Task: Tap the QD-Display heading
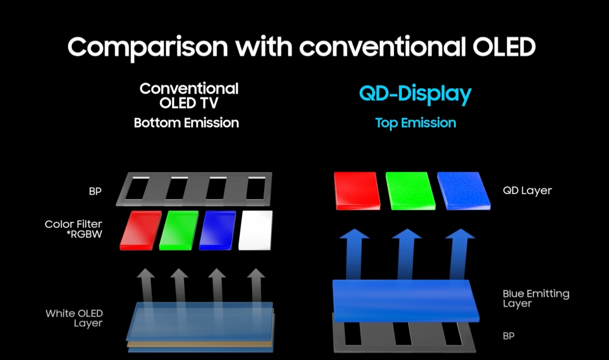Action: [415, 94]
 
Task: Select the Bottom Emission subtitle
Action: [186, 123]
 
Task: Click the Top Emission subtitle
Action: [415, 123]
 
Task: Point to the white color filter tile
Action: [256, 230]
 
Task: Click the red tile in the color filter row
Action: [140, 230]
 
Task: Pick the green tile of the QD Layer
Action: [410, 191]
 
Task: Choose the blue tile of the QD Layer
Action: [463, 191]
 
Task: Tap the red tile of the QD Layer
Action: [356, 191]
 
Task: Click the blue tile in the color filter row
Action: [217, 230]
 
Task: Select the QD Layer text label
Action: [527, 191]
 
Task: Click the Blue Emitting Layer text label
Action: [536, 298]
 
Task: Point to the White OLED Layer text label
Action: [74, 318]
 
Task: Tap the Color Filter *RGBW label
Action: [73, 229]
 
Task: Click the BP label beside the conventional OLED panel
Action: [95, 191]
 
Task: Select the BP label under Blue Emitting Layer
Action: [508, 336]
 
